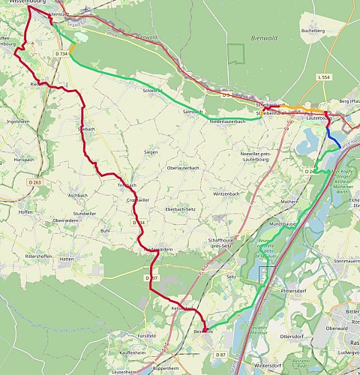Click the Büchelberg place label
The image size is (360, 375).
(311, 31)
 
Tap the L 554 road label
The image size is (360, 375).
(323, 77)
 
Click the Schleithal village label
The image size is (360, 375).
(152, 91)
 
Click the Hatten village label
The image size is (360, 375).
(67, 259)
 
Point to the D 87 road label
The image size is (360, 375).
(221, 354)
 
